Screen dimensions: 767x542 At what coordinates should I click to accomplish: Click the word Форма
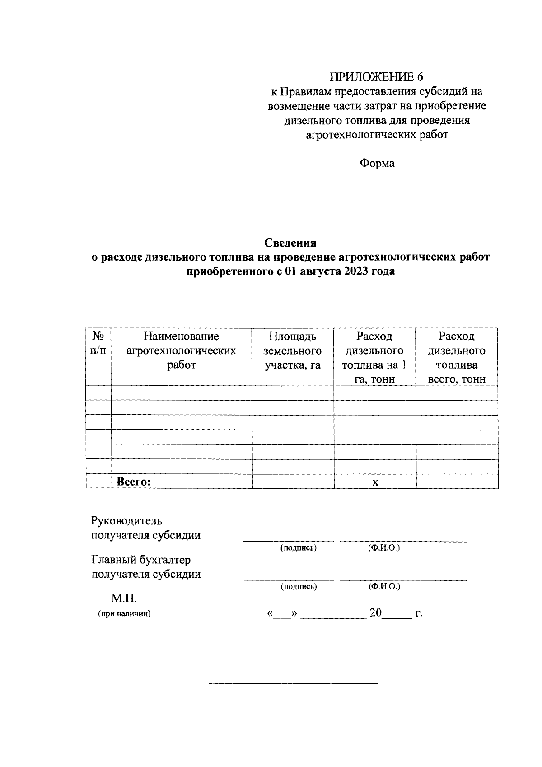(377, 164)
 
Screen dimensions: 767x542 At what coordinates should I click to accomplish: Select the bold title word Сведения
(290, 243)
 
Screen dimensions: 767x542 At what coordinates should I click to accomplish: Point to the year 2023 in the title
(356, 272)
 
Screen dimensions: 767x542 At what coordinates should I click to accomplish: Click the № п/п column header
(98, 343)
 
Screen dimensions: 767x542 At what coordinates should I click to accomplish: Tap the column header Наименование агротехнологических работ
(181, 351)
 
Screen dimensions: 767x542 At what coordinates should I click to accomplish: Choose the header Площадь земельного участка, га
(293, 351)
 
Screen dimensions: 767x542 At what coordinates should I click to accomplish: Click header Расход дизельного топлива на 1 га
(374, 357)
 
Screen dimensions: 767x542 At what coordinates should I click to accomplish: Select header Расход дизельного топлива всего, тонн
(457, 357)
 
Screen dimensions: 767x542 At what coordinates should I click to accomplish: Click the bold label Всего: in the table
(133, 482)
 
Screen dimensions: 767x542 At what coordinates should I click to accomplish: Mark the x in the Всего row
(375, 482)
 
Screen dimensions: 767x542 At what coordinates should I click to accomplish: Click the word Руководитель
(126, 521)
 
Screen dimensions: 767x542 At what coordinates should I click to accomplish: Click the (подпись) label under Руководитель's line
(298, 548)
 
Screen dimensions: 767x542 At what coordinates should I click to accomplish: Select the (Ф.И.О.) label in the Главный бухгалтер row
(384, 587)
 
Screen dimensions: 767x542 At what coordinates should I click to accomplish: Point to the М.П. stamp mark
(124, 599)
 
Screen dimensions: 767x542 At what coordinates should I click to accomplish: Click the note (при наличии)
(124, 614)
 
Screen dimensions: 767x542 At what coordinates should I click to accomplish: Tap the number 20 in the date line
(376, 613)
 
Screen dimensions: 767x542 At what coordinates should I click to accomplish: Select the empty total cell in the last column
(457, 482)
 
